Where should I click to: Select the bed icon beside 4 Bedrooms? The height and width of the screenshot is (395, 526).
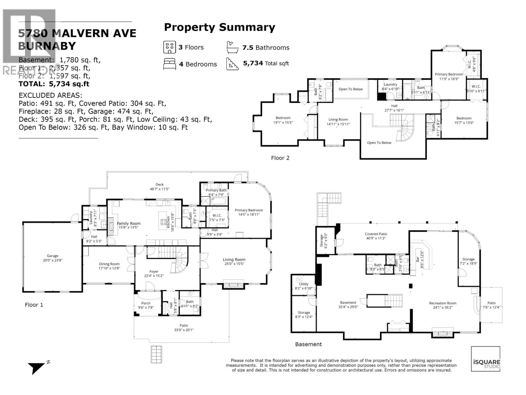click(169, 64)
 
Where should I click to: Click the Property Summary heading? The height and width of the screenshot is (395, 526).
click(219, 27)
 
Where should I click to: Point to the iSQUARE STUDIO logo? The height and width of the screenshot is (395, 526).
click(486, 359)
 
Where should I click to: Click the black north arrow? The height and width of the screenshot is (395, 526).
click(36, 367)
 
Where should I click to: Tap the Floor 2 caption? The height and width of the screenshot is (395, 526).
click(280, 158)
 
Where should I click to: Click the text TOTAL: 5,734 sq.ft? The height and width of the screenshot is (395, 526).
click(54, 84)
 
